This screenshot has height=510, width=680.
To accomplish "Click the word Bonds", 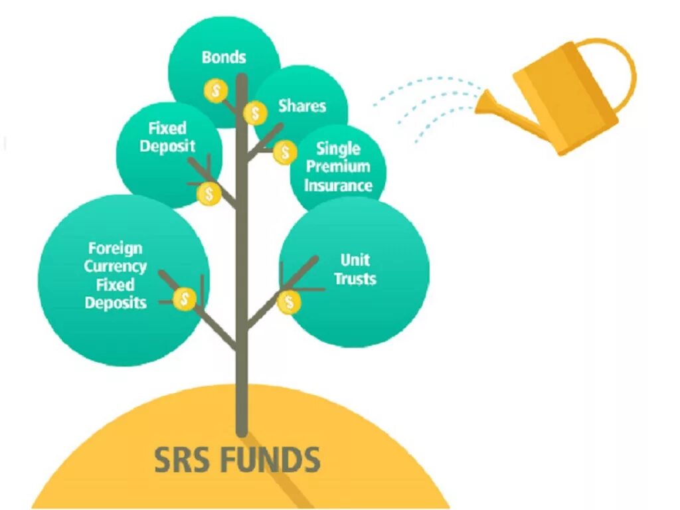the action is point(224,57).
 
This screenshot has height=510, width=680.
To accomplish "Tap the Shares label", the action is point(302,106).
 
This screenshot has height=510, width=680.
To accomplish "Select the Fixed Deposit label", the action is point(167,137).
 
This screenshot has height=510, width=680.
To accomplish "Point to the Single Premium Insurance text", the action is point(338,167).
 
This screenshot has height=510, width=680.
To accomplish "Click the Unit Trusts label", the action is point(355,269).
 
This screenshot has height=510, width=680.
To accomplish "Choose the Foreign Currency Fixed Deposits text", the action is point(116,276).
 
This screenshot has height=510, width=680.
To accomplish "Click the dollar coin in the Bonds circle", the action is point(216,90).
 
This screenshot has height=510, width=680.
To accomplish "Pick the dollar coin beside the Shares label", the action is point(255,113).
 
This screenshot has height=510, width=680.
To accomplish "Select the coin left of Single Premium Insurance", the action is point(285,153).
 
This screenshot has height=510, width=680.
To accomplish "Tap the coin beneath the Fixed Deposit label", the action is point(209,194).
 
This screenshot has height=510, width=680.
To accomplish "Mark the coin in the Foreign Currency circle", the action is point(185,299).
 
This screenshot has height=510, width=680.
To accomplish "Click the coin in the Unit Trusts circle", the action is point(290,303).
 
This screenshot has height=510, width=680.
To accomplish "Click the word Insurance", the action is point(338,185).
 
